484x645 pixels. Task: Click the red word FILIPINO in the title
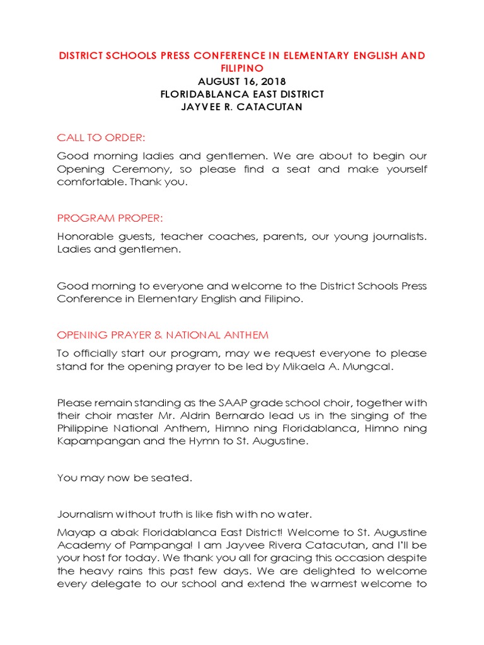242,67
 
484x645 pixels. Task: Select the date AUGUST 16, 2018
242,81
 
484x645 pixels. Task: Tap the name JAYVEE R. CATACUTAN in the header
242,107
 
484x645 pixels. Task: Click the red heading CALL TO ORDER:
101,137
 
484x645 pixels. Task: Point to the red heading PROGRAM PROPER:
110,218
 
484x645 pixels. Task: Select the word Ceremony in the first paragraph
122,169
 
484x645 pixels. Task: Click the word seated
171,477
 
